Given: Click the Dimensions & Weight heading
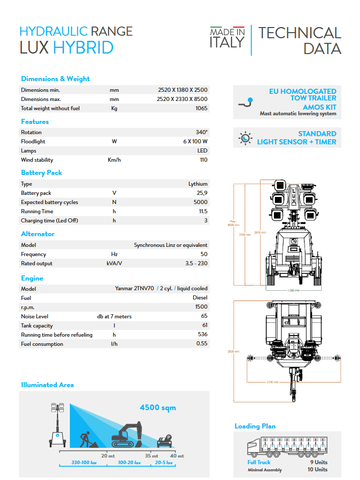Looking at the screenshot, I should [55, 79].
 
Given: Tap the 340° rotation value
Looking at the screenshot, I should [201, 132].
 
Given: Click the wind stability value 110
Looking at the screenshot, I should [203, 160].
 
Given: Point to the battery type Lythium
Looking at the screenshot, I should [197, 184].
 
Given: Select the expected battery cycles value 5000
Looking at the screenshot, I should [200, 202].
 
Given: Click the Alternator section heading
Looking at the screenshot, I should [37, 234].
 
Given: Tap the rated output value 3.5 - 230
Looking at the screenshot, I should [196, 263].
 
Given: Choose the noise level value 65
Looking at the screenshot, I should [203, 316].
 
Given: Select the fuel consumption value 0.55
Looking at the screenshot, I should [201, 344].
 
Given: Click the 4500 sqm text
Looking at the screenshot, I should [158, 407].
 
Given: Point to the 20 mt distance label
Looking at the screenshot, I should [107, 456].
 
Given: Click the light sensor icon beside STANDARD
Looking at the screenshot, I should [246, 138].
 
